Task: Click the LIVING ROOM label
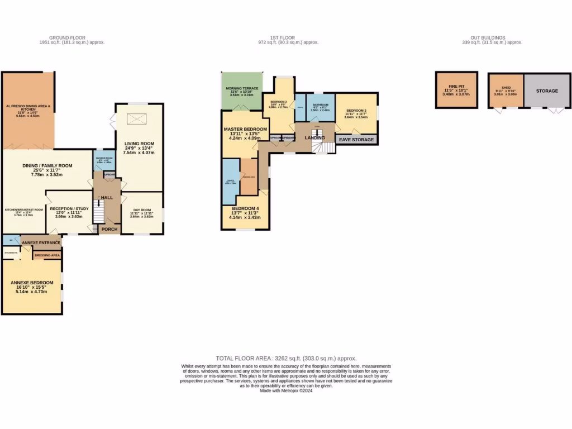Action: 140,144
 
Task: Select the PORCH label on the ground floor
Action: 109,229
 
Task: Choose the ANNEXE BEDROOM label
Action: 32,283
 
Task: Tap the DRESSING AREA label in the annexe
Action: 47,255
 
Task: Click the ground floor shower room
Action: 104,159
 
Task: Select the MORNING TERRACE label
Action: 241,89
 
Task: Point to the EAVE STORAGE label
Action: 356,140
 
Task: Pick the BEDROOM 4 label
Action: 246,208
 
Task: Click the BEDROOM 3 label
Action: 356,111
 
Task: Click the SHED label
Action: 506,88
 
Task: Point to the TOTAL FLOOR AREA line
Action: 286,358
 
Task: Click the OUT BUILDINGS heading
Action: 492,38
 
